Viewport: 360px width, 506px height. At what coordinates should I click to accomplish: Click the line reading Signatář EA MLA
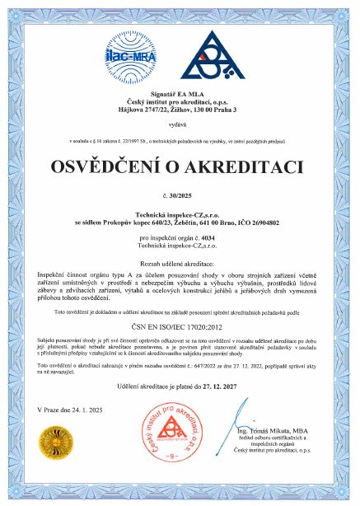[180, 96]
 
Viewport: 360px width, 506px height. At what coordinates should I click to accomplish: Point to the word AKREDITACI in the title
[246, 168]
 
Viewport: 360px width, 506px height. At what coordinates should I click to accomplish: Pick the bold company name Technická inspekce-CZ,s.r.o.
[180, 214]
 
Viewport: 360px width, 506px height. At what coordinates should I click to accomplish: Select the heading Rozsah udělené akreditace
[180, 261]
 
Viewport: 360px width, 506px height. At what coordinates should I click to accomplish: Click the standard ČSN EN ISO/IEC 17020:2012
[180, 326]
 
